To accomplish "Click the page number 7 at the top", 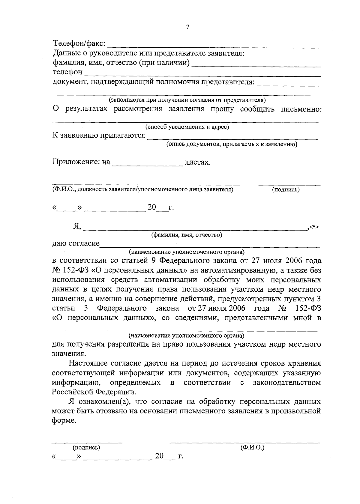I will tap(187, 27).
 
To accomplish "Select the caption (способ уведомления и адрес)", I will tap(187, 127).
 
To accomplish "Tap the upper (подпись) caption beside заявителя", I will tap(285, 189).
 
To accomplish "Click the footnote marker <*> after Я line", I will tap(314, 227).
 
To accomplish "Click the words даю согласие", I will tap(76, 243).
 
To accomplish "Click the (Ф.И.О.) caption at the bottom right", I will tap(252, 448).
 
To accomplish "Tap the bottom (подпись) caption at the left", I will tap(86, 448).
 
